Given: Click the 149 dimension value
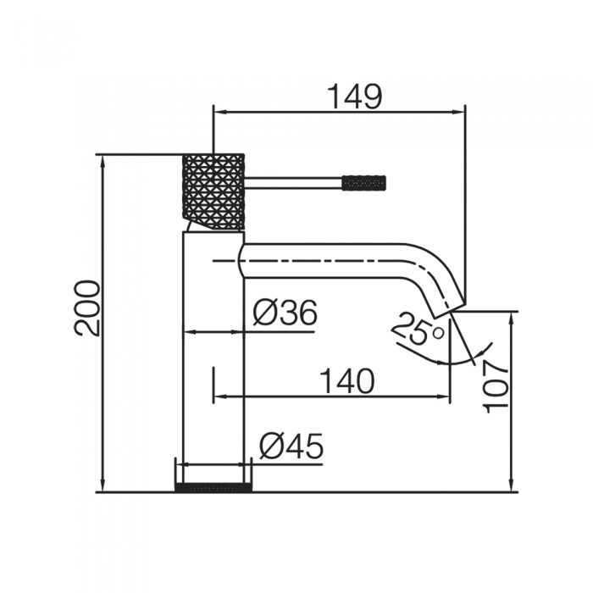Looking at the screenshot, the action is click(355, 96).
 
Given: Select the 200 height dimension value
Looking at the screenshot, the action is click(87, 308).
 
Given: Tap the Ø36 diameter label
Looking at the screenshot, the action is click(285, 313).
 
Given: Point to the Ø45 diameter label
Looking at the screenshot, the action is click(291, 446).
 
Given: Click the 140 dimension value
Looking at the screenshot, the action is click(347, 381).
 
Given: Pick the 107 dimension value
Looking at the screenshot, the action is click(496, 386).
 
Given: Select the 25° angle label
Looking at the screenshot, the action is click(417, 328).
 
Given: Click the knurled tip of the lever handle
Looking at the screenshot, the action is click(363, 183).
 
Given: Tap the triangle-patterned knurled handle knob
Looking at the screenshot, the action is click(213, 191).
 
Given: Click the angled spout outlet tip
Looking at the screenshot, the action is click(449, 307).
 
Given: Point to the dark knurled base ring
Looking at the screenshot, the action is click(213, 487).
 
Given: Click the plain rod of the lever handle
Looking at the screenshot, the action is click(293, 183).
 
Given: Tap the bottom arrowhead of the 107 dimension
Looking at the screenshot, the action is click(512, 485).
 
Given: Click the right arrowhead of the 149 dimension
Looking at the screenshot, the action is click(458, 112).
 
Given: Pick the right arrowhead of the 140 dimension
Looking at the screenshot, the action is click(443, 396).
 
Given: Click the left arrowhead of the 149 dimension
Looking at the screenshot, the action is click(220, 112).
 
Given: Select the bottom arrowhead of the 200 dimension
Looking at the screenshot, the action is click(103, 485).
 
